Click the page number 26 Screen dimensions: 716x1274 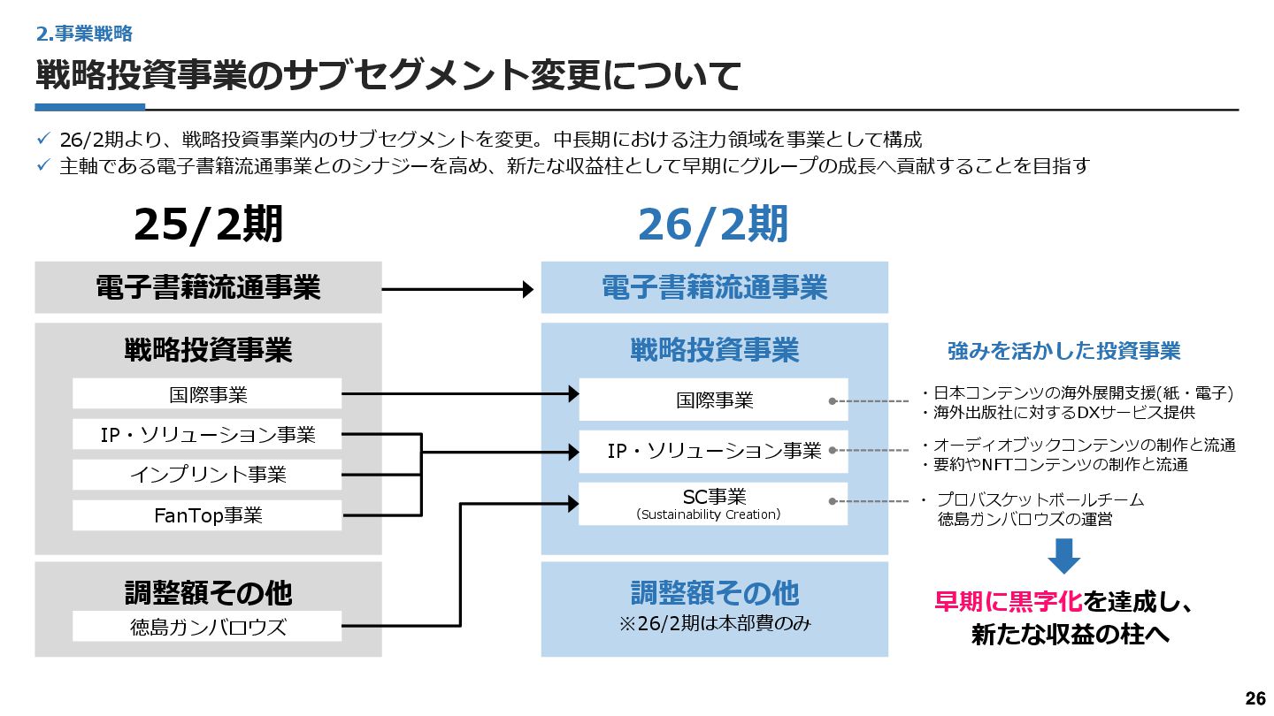(x=1255, y=698)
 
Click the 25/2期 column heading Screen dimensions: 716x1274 (x=209, y=225)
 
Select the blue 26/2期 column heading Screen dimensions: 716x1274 (x=713, y=225)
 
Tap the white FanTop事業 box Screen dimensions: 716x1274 (x=207, y=515)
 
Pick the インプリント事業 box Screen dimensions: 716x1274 (x=207, y=475)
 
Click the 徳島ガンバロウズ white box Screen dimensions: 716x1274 (x=207, y=628)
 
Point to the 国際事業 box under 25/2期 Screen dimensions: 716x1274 (x=207, y=394)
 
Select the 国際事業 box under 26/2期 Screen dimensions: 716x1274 (x=713, y=400)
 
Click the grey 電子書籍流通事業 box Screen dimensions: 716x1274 (x=208, y=287)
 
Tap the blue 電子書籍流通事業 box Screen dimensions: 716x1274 (x=714, y=287)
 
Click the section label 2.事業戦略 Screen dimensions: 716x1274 (x=84, y=34)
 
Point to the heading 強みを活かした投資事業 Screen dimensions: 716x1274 (x=1063, y=351)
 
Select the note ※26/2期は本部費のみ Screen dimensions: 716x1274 (x=714, y=623)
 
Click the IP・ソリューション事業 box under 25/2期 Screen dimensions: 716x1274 (x=207, y=434)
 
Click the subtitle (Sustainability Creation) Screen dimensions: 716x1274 (x=709, y=514)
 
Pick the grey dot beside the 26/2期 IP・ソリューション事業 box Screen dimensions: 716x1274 (x=833, y=451)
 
